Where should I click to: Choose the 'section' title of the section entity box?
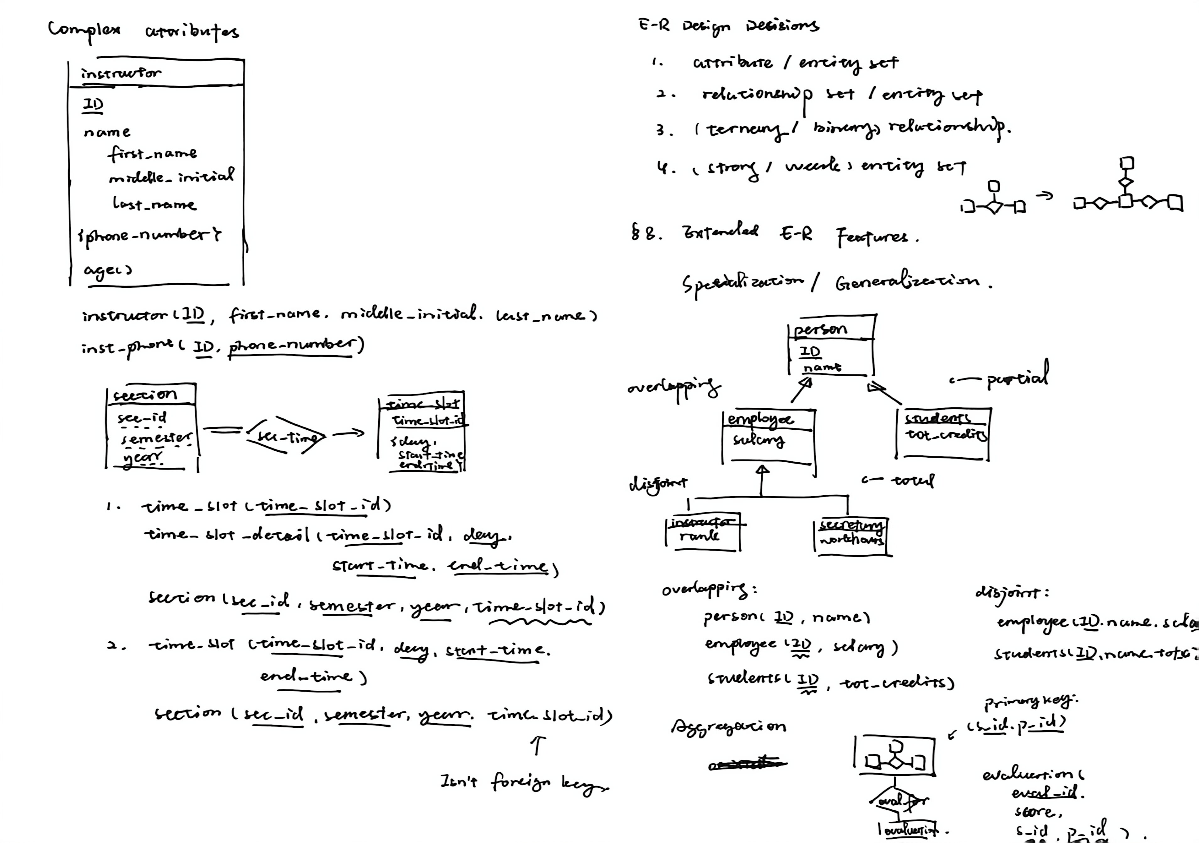145,395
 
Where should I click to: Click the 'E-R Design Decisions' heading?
728,25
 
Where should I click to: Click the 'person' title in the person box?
820,329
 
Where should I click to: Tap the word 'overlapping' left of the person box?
674,388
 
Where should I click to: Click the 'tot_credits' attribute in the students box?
946,435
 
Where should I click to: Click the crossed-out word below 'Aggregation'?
747,764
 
